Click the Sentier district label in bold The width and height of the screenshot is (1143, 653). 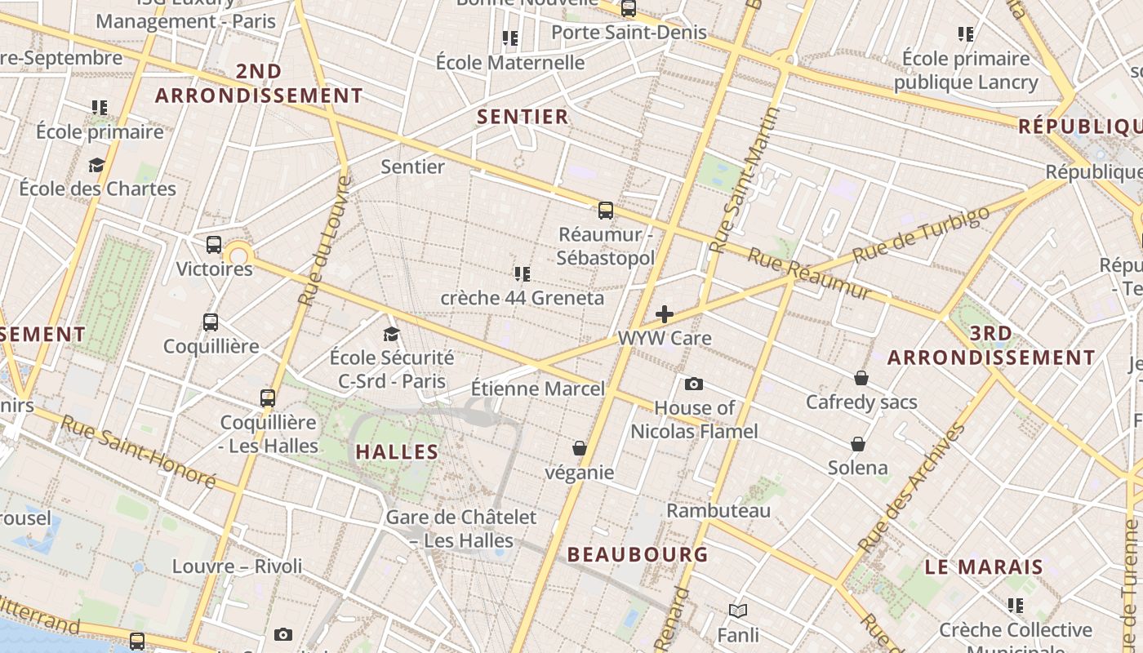click(523, 117)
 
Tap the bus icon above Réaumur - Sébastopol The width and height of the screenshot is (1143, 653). click(605, 211)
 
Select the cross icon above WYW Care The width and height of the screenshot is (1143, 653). click(665, 314)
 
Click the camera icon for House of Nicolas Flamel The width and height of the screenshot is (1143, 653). click(694, 384)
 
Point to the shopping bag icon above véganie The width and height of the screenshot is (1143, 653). click(580, 448)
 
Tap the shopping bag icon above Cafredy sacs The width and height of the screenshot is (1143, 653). click(861, 378)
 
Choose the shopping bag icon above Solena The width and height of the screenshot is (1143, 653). click(858, 444)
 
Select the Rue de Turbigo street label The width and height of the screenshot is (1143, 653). click(921, 234)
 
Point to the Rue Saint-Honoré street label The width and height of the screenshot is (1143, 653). click(139, 452)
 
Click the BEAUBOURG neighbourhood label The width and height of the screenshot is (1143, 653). click(638, 555)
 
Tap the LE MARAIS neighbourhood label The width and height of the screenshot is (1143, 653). click(984, 567)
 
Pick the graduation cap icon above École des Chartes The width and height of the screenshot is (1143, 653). click(97, 166)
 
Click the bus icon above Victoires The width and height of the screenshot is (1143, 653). click(214, 244)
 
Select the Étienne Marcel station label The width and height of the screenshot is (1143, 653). click(539, 389)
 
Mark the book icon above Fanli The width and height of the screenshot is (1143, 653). click(738, 611)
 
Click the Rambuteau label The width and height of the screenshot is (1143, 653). click(718, 511)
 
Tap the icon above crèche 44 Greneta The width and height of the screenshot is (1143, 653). click(523, 273)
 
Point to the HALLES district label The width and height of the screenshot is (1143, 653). click(398, 452)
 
